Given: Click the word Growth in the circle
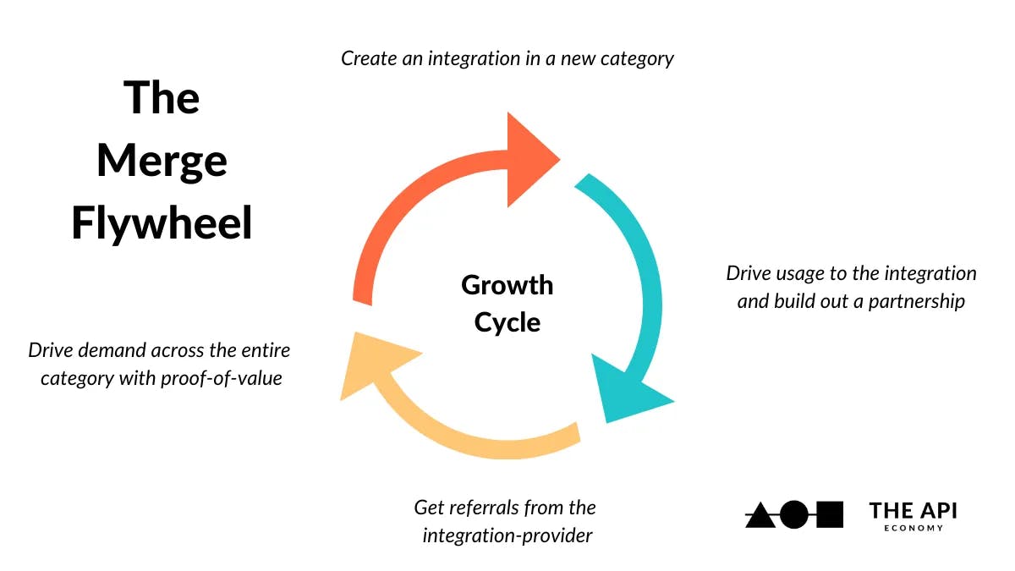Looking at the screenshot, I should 507,285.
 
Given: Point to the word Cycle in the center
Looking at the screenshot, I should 507,322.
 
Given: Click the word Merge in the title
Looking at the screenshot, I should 162,161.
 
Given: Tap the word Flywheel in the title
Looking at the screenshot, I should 162,224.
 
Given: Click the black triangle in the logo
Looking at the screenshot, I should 760,515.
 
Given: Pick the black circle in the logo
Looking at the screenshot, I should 793,514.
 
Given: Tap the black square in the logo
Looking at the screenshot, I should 830,514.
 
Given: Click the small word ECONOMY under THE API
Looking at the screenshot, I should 913,529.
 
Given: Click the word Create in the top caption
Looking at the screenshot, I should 365,59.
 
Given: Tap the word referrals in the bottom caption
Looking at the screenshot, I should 482,508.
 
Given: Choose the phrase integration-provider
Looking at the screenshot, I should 507,535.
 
